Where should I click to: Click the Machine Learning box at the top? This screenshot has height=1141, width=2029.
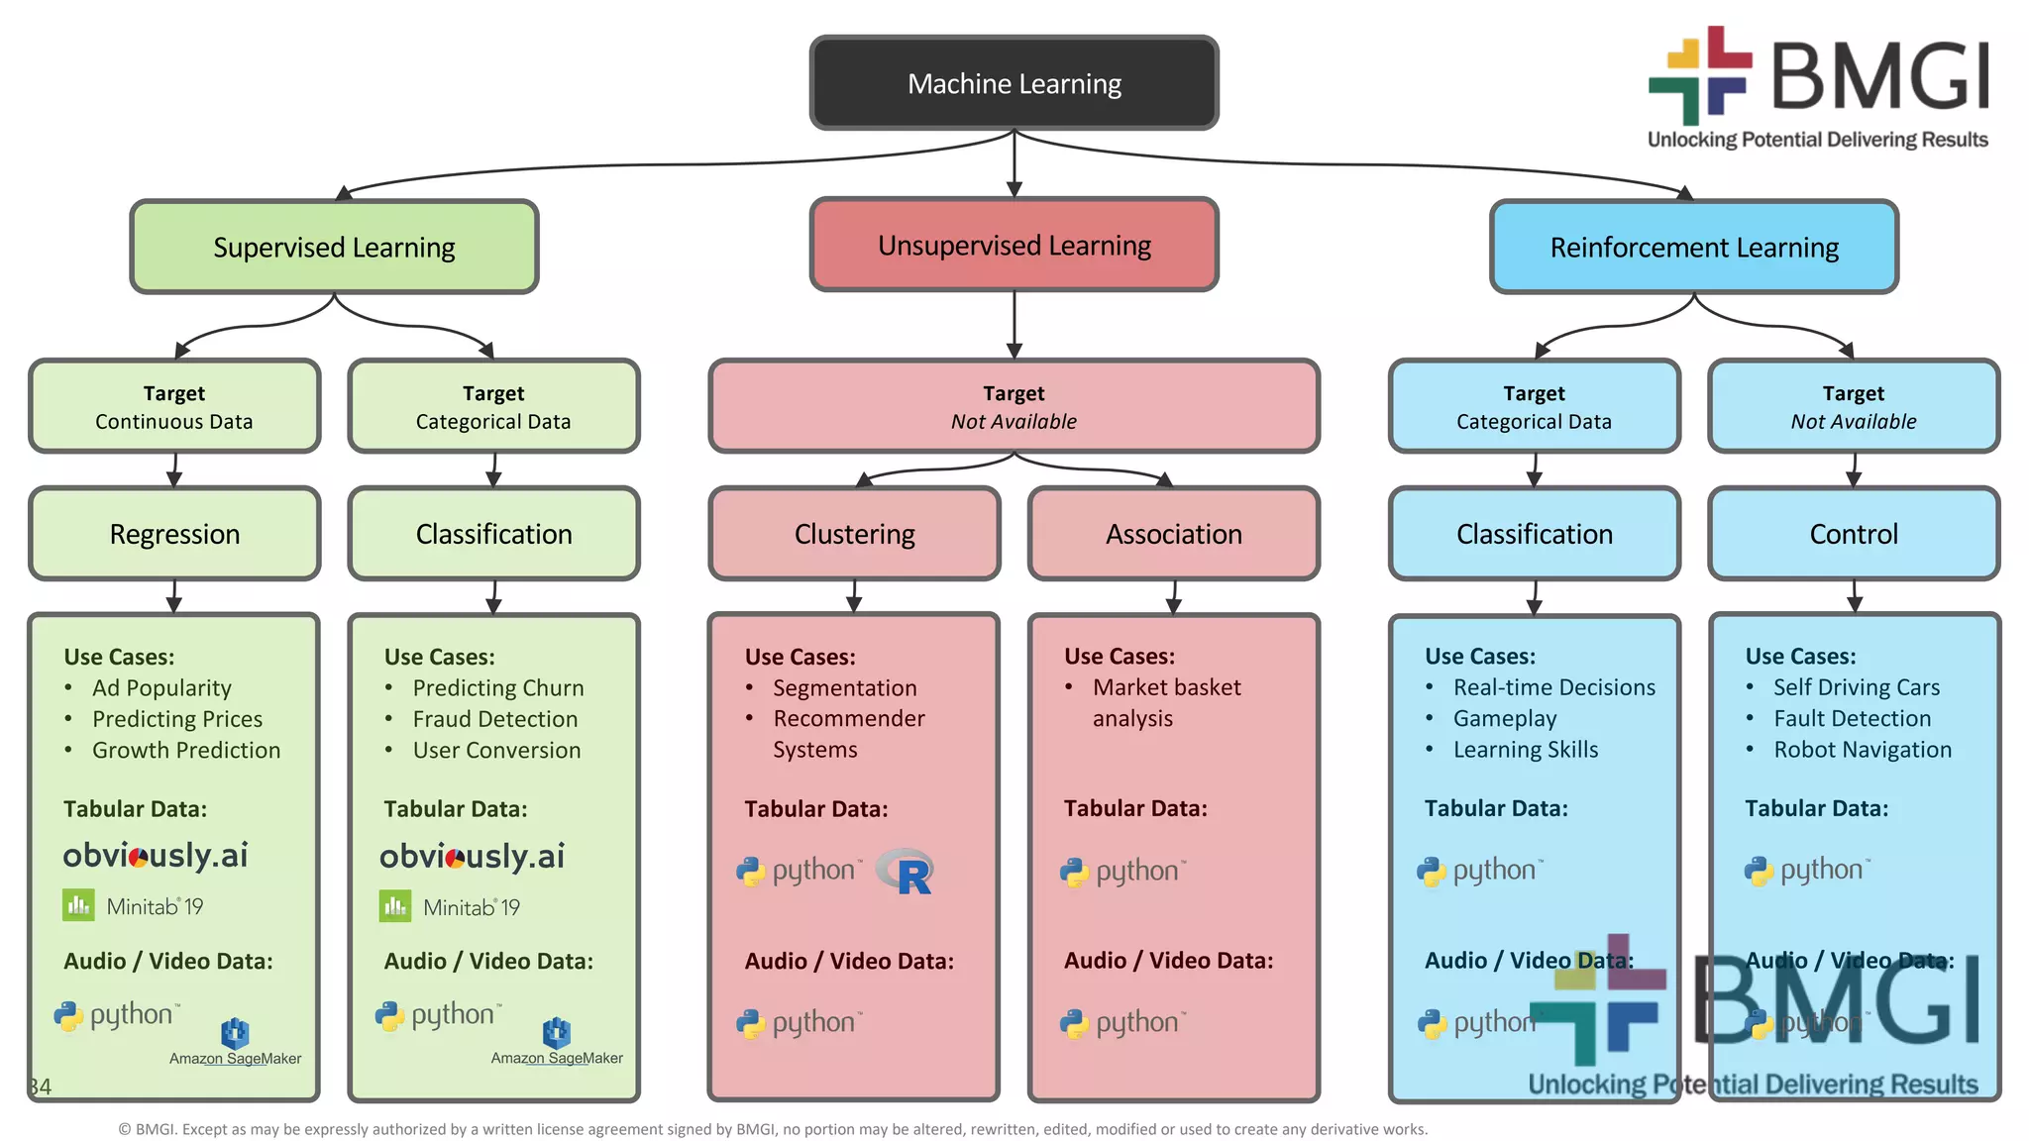pyautogui.click(x=1014, y=83)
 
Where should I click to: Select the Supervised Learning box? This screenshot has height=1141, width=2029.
pyautogui.click(x=334, y=247)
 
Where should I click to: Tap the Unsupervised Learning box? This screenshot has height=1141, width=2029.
pyautogui.click(x=1014, y=245)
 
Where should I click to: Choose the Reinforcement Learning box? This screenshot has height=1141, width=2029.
pyautogui.click(x=1694, y=247)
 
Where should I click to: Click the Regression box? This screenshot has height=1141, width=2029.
pyautogui.click(x=174, y=534)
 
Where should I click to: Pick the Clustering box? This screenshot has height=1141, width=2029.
pyautogui.click(x=854, y=534)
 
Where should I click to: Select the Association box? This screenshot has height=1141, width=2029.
pyautogui.click(x=1174, y=534)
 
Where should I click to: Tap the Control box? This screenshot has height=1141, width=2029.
pyautogui.click(x=1854, y=534)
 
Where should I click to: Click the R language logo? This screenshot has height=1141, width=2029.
pyautogui.click(x=907, y=872)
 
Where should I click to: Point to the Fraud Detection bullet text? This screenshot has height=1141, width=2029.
pyautogui.click(x=494, y=719)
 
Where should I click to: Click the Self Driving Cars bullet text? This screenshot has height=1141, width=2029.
pyautogui.click(x=1856, y=687)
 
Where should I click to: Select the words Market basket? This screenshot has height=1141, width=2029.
pyautogui.click(x=1166, y=687)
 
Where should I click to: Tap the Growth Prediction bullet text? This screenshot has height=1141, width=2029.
pyautogui.click(x=185, y=750)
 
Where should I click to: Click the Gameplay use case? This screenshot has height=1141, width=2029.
pyautogui.click(x=1504, y=718)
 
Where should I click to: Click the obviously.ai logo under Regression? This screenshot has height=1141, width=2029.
pyautogui.click(x=156, y=855)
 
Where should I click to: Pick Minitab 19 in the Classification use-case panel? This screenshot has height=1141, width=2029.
pyautogui.click(x=451, y=906)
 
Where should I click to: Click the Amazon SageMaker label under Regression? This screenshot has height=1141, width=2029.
pyautogui.click(x=235, y=1058)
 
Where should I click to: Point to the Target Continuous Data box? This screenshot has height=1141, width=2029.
pyautogui.click(x=174, y=407)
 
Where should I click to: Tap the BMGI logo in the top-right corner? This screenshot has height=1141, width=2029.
pyautogui.click(x=1819, y=87)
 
